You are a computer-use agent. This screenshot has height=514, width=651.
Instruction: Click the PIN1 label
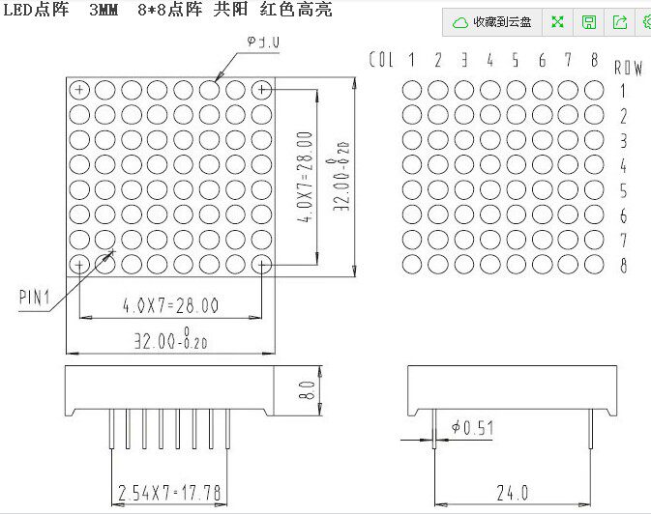coord(36,298)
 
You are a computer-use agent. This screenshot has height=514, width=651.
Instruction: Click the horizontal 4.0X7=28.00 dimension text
coord(169,306)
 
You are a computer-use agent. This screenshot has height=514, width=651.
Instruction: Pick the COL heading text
coord(382,60)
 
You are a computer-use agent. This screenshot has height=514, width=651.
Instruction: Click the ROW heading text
coord(628,69)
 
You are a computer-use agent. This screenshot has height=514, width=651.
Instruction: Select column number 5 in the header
coord(516,60)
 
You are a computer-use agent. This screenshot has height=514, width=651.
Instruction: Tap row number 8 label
coord(624,266)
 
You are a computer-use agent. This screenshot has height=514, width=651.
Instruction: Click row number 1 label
coord(624,92)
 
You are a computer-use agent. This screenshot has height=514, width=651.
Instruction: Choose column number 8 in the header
coord(594,60)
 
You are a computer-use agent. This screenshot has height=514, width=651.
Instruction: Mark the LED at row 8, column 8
coord(594,263)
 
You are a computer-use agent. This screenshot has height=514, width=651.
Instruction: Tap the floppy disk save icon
coord(588,22)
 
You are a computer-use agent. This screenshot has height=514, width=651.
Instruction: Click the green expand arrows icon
coord(557,22)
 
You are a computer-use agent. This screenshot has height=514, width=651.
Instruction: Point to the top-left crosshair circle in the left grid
coord(79,90)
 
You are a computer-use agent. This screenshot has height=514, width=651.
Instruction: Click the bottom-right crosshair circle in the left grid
coord(261,263)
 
